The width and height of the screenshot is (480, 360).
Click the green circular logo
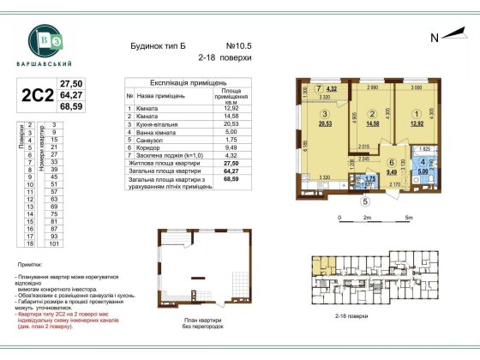click(42, 39)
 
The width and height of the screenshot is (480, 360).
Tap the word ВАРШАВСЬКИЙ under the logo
click(42, 65)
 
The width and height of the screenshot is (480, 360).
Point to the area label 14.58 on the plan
click(371, 123)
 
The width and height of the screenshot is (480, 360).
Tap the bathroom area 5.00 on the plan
click(422, 171)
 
